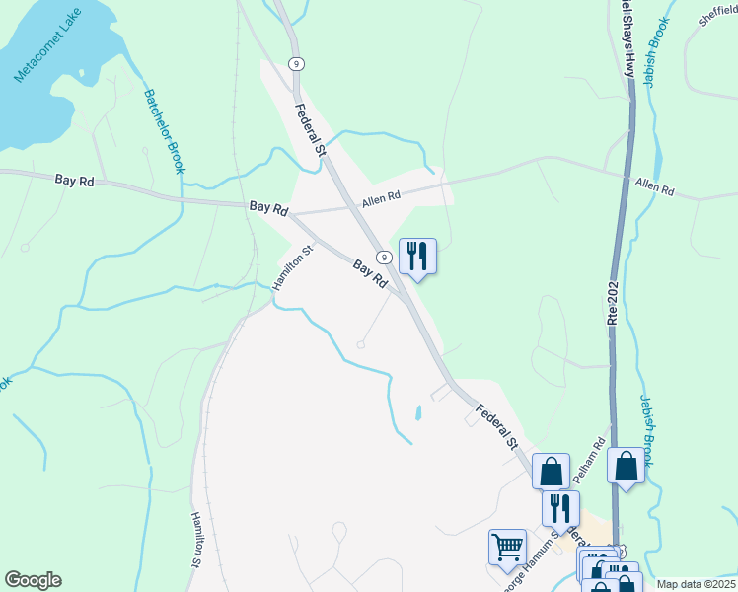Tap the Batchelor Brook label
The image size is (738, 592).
coord(165,131)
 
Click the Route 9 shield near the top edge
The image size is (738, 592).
coord(296,63)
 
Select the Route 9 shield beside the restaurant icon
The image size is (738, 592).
coord(385,257)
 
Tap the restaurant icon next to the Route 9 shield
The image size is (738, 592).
coord(416,257)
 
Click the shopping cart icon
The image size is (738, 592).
coord(507,546)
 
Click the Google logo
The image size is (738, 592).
coord(33,580)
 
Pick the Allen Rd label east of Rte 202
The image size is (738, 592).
coord(655,185)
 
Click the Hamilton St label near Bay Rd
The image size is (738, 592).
coord(293,266)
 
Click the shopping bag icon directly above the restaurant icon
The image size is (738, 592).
coord(551,471)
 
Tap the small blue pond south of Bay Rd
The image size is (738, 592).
coord(417,411)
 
